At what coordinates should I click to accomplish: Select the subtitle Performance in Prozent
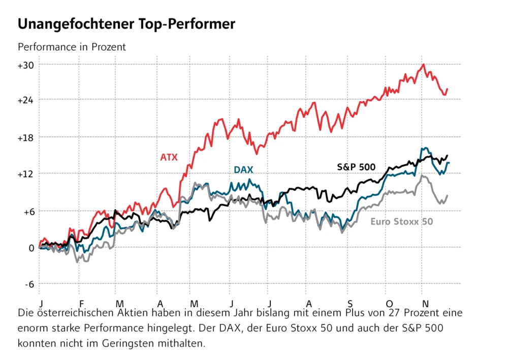click(72, 47)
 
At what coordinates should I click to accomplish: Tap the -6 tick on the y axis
click(27, 284)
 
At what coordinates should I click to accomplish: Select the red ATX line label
click(169, 157)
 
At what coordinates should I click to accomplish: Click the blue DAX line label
click(243, 170)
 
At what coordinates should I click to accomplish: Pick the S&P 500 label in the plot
click(356, 166)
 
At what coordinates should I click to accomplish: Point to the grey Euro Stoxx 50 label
click(402, 221)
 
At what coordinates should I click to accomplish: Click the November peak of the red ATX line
click(423, 65)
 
